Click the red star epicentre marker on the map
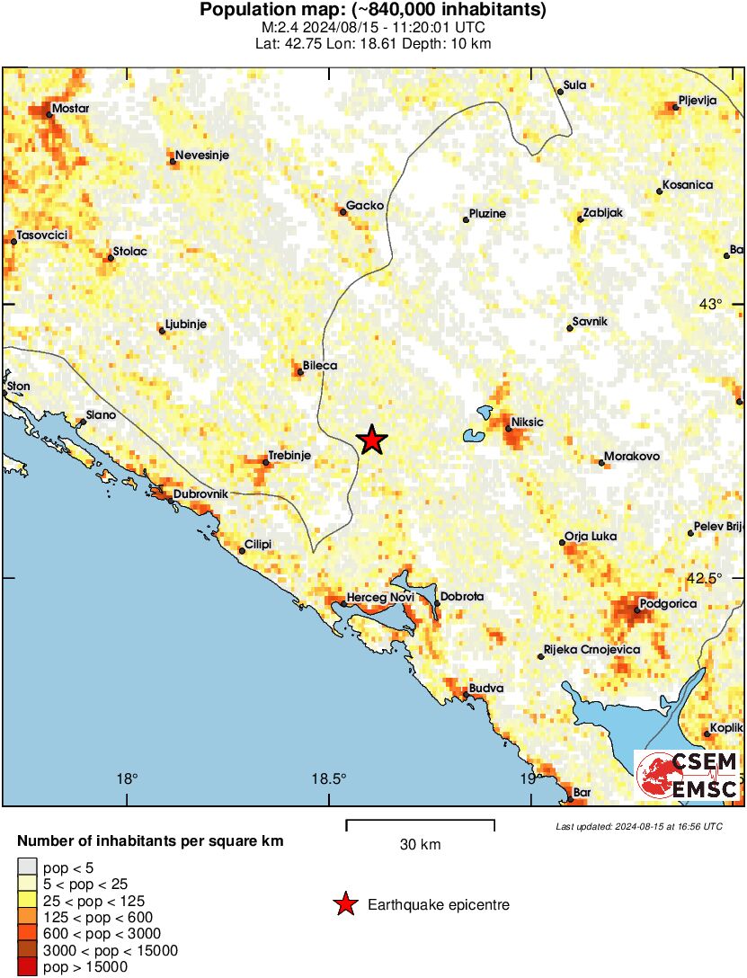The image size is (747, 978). pyautogui.click(x=371, y=440)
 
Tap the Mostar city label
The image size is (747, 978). pyautogui.click(x=71, y=109)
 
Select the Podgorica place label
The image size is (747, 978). pyautogui.click(x=668, y=604)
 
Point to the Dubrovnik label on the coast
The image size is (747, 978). pyautogui.click(x=200, y=494)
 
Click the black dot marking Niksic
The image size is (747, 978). pyautogui.click(x=508, y=430)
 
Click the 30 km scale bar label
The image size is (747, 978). pyautogui.click(x=420, y=844)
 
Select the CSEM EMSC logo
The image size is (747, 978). pyautogui.click(x=688, y=776)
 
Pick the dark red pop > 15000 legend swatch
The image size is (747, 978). pyautogui.click(x=27, y=967)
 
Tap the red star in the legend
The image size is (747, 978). pyautogui.click(x=344, y=904)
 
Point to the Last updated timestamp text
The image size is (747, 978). pyautogui.click(x=638, y=826)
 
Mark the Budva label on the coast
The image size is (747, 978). pyautogui.click(x=486, y=689)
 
